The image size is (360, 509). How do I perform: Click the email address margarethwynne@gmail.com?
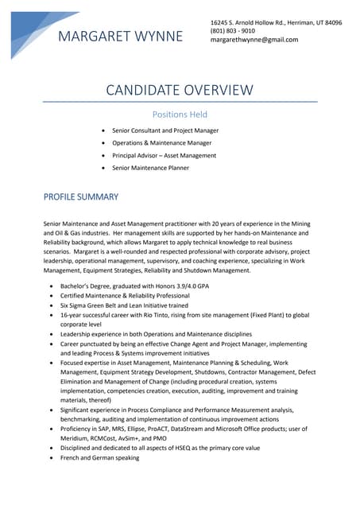(254, 40)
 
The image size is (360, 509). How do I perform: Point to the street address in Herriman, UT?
(276, 22)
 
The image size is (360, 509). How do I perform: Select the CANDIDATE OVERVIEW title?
(180, 90)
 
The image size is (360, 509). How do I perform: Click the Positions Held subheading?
(180, 115)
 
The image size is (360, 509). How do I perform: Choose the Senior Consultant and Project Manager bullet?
(165, 130)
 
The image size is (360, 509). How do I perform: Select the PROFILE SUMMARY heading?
(80, 196)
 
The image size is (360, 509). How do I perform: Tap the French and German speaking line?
(99, 457)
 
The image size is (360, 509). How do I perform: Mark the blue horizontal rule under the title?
(180, 102)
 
